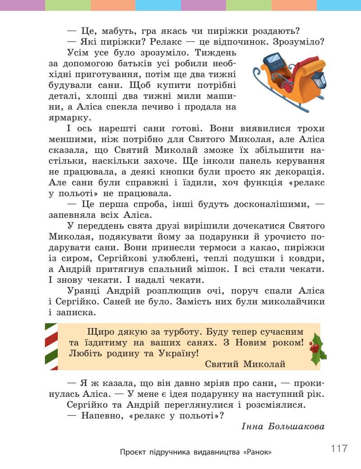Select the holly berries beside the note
point(315,348)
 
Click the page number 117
point(339,448)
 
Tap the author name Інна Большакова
point(283,426)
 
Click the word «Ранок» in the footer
point(258,452)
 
